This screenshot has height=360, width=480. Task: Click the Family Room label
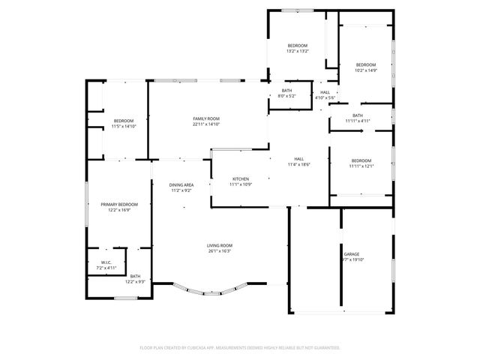pos(206,119)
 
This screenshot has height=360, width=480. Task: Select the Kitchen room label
pos(240,179)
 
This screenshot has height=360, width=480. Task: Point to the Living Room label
pos(220,246)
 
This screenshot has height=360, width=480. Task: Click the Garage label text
pos(352,255)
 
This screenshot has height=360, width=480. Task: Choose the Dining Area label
pos(181,185)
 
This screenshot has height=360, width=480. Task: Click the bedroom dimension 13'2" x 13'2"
pos(298,51)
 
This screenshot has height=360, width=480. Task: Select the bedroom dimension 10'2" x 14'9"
pos(366,70)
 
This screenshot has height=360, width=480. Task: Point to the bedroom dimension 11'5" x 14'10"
pos(124,126)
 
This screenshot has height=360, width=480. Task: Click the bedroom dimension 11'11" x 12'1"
pos(361,166)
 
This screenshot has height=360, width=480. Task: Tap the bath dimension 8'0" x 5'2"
pos(286,96)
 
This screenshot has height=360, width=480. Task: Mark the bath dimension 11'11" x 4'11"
pos(358,120)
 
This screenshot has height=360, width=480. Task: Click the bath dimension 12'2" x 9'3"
pos(134,281)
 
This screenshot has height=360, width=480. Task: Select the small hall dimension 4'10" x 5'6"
pos(325,97)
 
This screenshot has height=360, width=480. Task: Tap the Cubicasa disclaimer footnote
pos(240,348)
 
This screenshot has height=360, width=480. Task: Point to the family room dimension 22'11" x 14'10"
pos(206,124)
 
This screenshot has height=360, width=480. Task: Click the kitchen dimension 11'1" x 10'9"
pos(240,184)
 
